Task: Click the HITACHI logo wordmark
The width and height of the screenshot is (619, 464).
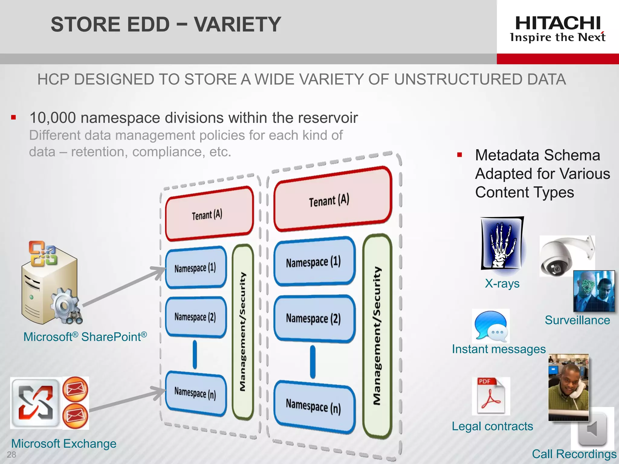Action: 558,24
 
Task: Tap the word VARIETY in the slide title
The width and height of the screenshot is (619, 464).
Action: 238,24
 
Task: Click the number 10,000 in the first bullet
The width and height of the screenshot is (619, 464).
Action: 53,118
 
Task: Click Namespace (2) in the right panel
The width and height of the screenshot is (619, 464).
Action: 314,319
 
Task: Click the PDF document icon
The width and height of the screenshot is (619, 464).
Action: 491,396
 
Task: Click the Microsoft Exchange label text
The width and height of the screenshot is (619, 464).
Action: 64,443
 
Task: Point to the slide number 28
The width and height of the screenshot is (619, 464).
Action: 11,454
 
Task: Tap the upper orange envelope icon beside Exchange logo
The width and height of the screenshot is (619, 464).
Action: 75,389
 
